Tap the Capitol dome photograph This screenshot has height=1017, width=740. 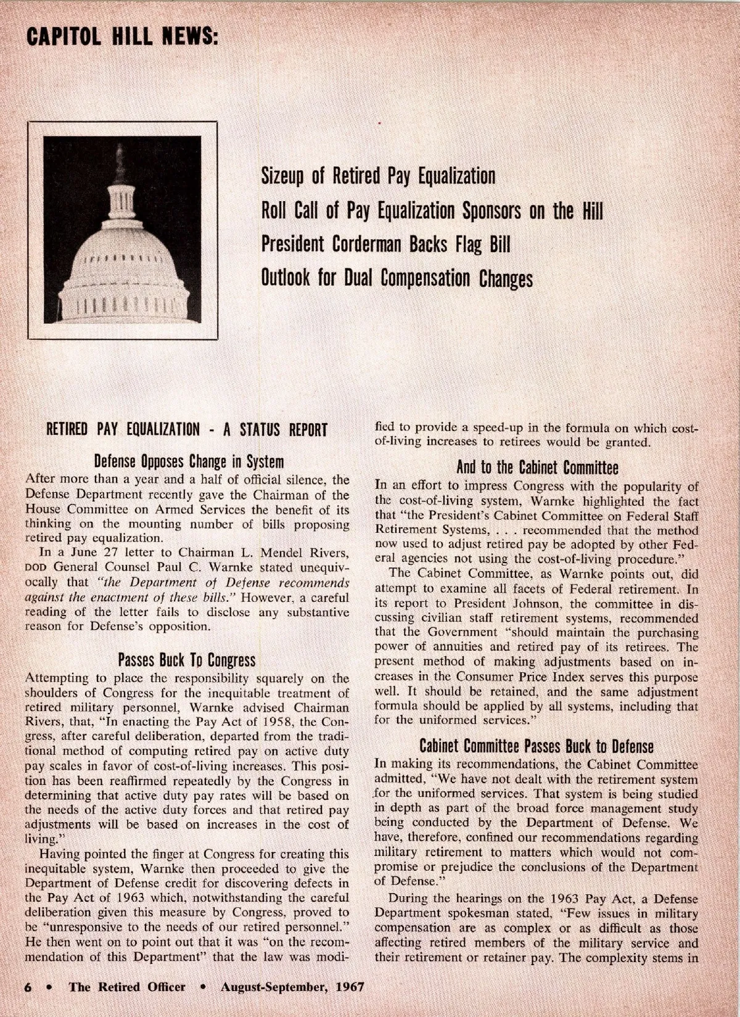(123, 229)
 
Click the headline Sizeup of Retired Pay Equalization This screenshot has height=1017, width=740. (378, 176)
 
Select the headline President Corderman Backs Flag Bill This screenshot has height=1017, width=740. (385, 244)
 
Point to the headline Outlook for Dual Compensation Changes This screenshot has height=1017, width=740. (397, 278)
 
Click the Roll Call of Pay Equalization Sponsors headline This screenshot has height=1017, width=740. (432, 210)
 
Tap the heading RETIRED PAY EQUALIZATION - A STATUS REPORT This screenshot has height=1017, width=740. (187, 429)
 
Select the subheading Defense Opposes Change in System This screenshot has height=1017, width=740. (189, 461)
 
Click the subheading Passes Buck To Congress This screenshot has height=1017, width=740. (186, 661)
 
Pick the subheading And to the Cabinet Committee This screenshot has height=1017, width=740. (537, 467)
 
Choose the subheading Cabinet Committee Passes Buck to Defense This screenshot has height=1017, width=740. (536, 747)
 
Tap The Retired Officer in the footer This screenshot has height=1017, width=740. (127, 987)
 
